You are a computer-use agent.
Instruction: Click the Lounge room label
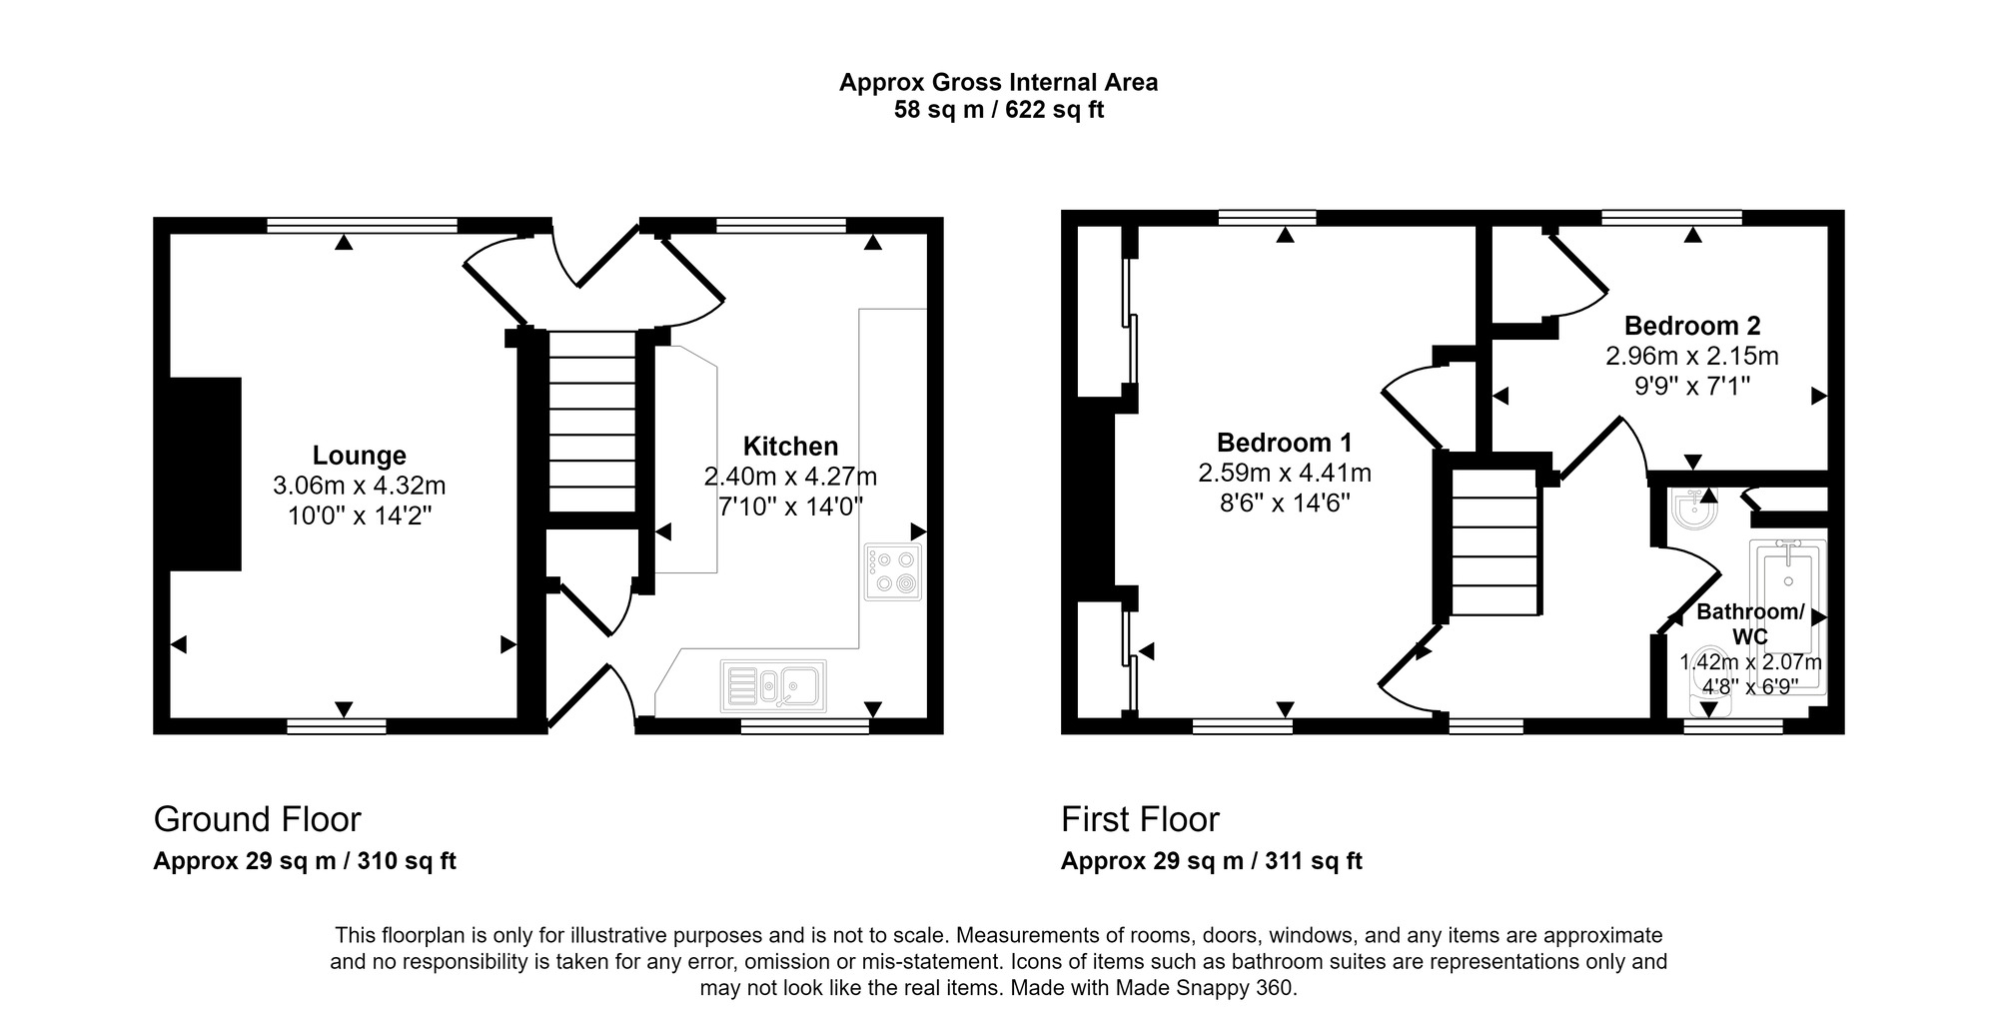pyautogui.click(x=359, y=456)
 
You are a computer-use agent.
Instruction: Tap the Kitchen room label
pyautogui.click(x=790, y=447)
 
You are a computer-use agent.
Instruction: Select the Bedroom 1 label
pyautogui.click(x=1284, y=443)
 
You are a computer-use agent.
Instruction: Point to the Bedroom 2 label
pyautogui.click(x=1691, y=326)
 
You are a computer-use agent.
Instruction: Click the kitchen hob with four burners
pyautogui.click(x=893, y=572)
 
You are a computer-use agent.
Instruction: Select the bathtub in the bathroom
pyautogui.click(x=1787, y=599)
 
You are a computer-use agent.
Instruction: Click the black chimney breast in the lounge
pyautogui.click(x=206, y=474)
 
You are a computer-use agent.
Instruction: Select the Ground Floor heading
pyautogui.click(x=257, y=819)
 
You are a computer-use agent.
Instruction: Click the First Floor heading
pyautogui.click(x=1140, y=819)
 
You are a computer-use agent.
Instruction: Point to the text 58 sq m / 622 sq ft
pyautogui.click(x=998, y=110)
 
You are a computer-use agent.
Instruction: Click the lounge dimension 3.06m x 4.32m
pyautogui.click(x=359, y=487)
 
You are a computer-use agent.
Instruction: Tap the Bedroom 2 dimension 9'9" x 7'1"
pyautogui.click(x=1691, y=386)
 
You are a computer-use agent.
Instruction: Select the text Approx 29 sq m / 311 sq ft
pyautogui.click(x=1211, y=861)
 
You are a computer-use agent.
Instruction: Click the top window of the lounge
pyautogui.click(x=362, y=225)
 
